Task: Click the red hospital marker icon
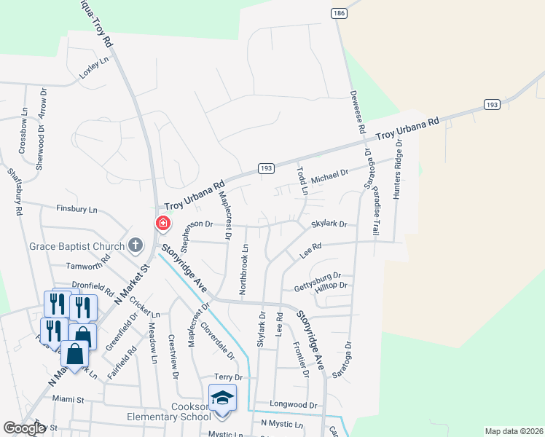click(163, 223)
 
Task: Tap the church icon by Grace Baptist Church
click(136, 245)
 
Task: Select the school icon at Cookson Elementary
click(222, 398)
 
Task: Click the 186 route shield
click(338, 13)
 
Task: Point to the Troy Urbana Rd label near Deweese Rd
click(409, 129)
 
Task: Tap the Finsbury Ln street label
click(77, 209)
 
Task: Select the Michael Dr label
click(330, 175)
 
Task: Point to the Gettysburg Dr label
click(318, 279)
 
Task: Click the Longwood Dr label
click(294, 404)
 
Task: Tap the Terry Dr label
click(228, 377)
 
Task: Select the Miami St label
click(68, 399)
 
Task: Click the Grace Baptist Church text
click(76, 246)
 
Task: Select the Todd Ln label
click(302, 181)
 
